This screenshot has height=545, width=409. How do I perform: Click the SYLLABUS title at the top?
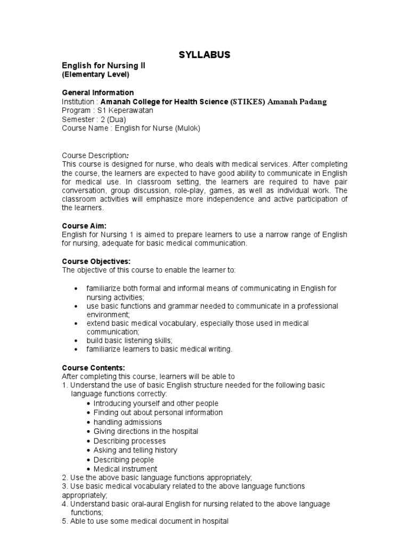204,55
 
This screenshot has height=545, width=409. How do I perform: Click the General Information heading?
98,93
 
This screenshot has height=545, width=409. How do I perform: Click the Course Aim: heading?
85,226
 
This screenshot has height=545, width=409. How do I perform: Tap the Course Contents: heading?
94,367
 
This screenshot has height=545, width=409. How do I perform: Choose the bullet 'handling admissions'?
128,422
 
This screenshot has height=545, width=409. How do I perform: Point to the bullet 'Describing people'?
124,459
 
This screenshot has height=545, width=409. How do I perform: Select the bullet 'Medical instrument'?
125,469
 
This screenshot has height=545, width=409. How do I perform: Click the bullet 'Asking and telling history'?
135,450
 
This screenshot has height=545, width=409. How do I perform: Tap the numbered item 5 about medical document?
145,521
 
